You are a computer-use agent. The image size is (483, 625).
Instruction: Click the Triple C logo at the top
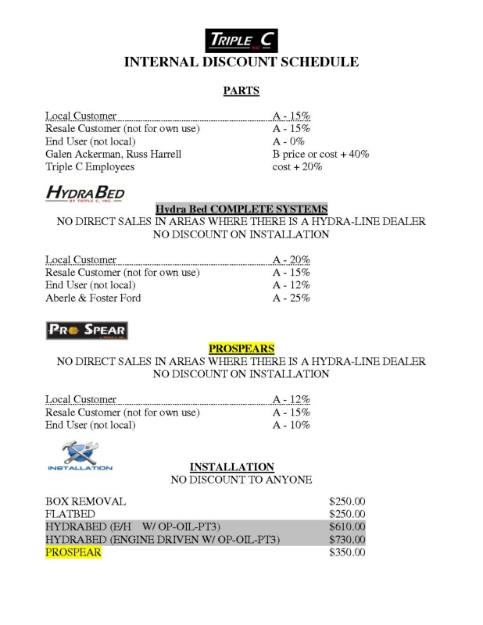[241, 40]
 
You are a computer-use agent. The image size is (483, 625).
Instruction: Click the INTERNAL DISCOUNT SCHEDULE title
[241, 62]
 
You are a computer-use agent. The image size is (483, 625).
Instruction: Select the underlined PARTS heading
[241, 91]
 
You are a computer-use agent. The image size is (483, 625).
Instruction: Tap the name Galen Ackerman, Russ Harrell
[113, 154]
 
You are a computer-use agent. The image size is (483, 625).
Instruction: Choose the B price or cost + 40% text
[320, 154]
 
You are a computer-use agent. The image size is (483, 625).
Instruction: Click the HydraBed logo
[85, 193]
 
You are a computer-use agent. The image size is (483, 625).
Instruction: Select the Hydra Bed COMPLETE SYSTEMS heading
[241, 209]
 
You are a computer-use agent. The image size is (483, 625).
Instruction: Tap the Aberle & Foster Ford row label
[93, 298]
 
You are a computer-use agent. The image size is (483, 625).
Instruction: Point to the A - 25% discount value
[291, 298]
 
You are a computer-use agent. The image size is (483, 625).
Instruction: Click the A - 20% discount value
[291, 260]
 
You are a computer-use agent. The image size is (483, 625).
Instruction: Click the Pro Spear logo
[85, 330]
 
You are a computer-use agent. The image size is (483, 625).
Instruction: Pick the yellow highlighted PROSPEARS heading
[241, 348]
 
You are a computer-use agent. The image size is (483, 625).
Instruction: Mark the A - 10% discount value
[291, 425]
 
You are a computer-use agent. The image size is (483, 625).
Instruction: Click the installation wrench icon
[80, 455]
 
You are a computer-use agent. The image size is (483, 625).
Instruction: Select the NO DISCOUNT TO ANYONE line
[241, 480]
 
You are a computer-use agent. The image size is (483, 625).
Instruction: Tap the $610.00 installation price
[348, 527]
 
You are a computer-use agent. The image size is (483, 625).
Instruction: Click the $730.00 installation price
[348, 540]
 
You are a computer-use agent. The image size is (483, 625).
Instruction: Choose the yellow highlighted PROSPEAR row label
[73, 553]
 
